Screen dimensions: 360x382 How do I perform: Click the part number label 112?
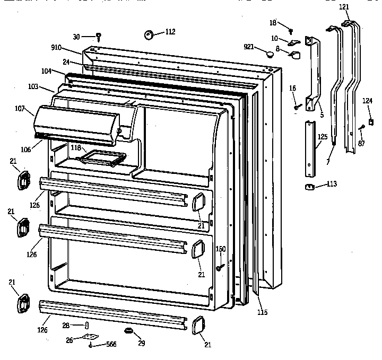tap(170, 32)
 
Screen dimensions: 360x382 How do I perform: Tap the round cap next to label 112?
tap(148, 35)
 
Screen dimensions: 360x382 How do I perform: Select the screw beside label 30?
tap(99, 37)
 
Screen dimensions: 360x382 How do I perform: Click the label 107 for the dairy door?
tap(20, 109)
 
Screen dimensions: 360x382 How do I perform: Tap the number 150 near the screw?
tap(221, 249)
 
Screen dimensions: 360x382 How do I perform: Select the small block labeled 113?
tap(309, 186)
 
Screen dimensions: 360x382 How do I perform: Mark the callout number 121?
tap(344, 7)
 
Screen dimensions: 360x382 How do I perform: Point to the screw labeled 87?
tap(361, 127)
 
